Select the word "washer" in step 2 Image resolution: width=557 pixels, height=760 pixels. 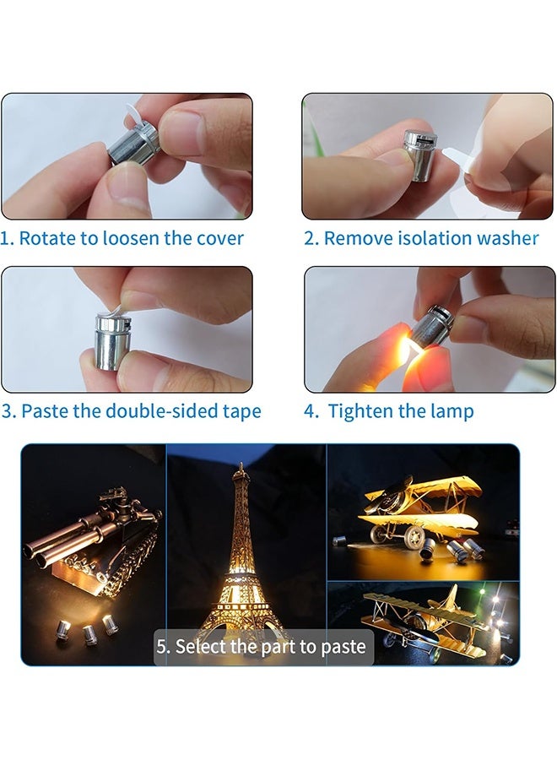tap(506, 238)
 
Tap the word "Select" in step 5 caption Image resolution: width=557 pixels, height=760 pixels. tap(201, 647)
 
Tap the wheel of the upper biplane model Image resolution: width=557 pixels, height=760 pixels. tap(413, 535)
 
